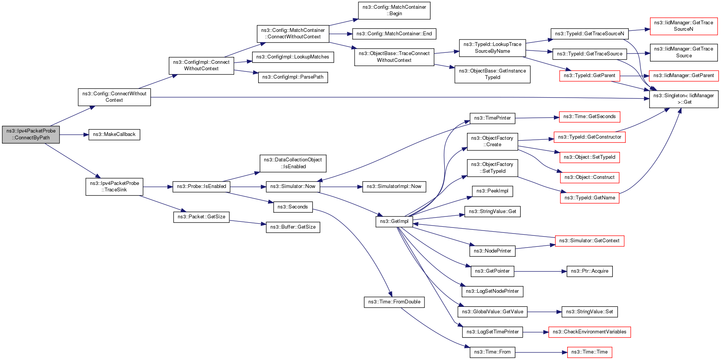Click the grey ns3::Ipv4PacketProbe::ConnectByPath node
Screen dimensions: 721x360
31,134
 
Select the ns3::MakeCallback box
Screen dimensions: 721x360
114,134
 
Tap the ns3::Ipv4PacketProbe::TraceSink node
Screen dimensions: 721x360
114,186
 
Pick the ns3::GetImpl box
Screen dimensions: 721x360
394,221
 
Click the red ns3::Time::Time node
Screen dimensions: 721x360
589,352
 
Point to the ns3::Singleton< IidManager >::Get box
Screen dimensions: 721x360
683,99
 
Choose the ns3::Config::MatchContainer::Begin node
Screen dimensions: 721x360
394,10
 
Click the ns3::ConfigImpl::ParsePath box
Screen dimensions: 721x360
293,77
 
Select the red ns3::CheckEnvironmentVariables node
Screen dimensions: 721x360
589,332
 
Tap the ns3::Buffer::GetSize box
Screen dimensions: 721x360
293,227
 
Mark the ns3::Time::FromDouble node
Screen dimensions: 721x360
394,302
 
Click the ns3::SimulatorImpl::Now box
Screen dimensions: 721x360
394,186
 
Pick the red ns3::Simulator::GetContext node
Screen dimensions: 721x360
589,241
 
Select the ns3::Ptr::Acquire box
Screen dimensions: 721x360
589,271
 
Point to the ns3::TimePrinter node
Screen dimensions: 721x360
492,118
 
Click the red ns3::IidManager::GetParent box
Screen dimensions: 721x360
683,76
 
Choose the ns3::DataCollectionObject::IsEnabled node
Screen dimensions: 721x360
293,163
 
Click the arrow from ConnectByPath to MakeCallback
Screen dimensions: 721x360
74,134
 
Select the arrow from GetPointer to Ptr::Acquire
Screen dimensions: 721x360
540,271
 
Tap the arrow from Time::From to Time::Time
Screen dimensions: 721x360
541,352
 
